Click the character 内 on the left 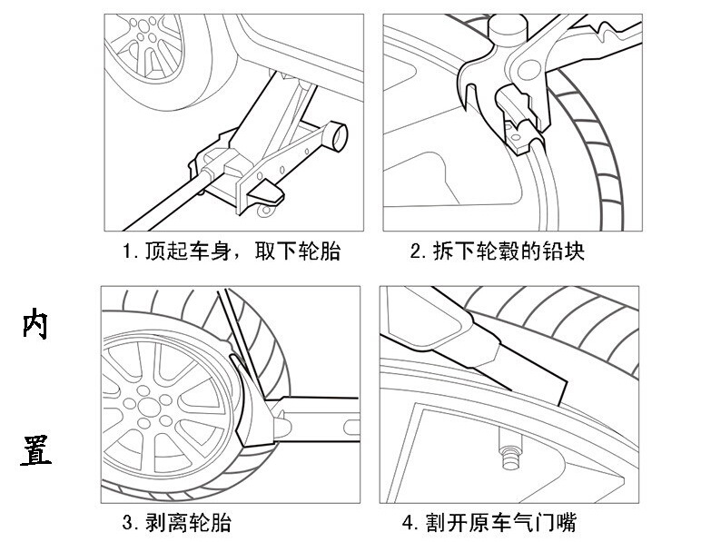[x=35, y=325]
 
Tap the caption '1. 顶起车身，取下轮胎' [x=232, y=251]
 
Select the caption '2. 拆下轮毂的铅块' [x=497, y=251]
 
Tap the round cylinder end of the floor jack [x=337, y=134]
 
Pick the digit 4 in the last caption [x=408, y=523]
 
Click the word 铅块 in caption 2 [x=564, y=251]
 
